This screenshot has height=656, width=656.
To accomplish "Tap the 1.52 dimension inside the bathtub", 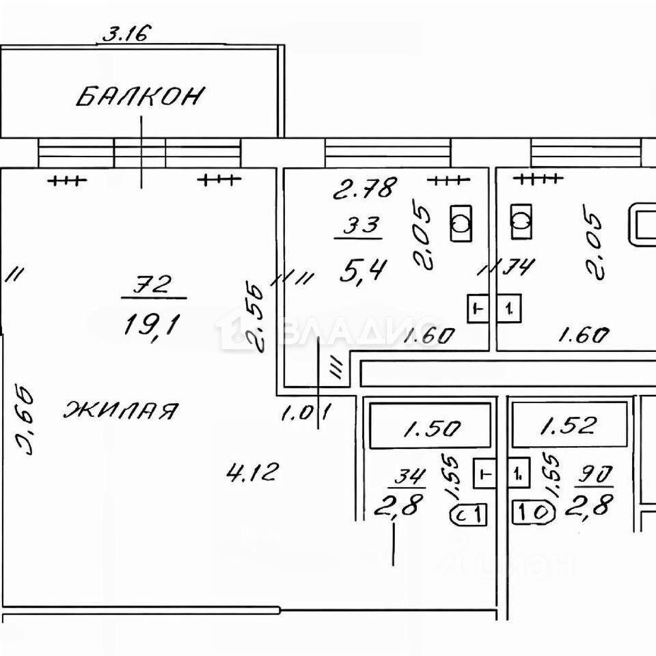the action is coord(570,428).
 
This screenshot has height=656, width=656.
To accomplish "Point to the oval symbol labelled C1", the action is coord(468,513).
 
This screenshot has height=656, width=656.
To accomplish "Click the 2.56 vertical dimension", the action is coord(256,313).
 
